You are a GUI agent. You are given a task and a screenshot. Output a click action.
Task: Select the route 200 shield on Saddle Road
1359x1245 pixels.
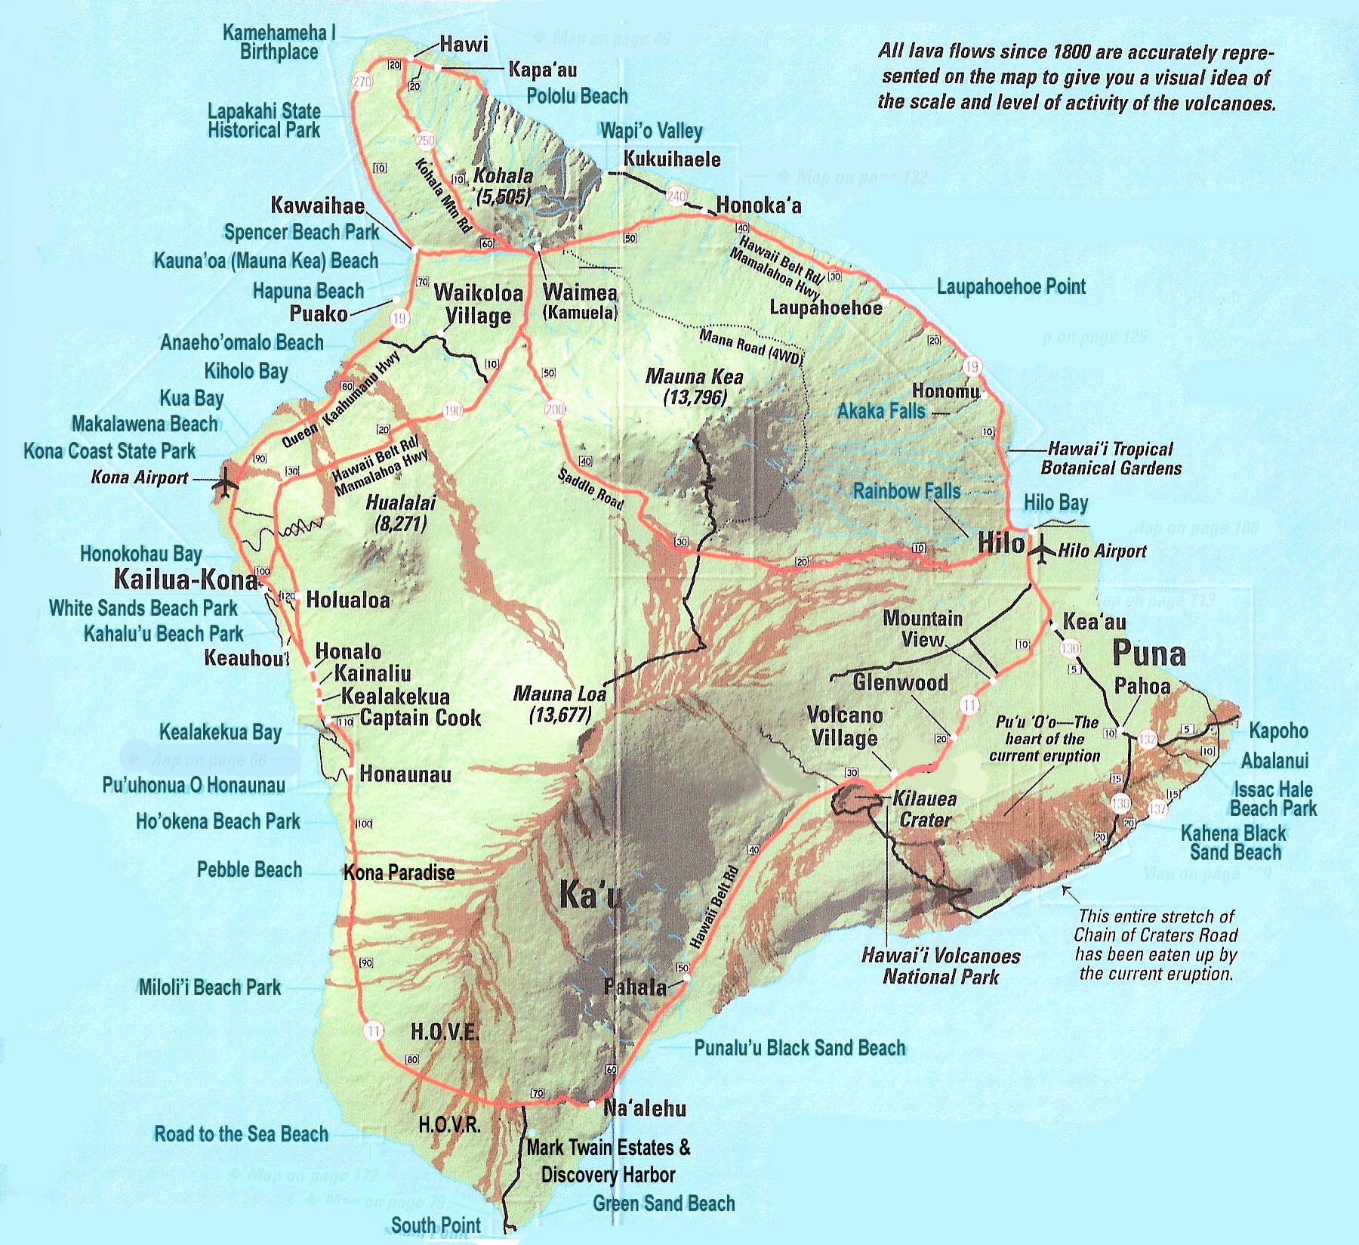tap(555, 409)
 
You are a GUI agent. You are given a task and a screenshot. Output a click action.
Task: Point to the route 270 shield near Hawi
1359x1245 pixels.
tap(362, 82)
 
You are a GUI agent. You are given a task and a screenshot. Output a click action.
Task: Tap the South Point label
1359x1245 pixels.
tap(436, 1225)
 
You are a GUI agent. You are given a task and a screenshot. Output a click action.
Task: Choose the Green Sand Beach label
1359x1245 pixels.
tap(664, 1203)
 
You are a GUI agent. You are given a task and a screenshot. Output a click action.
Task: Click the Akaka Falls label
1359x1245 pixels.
tap(881, 411)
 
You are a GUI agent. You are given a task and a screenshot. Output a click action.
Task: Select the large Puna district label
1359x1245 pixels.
tap(1149, 653)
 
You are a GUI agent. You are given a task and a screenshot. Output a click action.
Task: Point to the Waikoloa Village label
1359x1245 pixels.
tap(478, 304)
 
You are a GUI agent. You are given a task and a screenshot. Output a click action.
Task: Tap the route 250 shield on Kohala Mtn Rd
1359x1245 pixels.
tap(425, 141)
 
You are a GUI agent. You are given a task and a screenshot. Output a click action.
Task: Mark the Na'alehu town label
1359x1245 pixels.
tap(645, 1108)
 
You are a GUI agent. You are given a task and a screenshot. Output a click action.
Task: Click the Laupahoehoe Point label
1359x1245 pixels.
tap(1011, 287)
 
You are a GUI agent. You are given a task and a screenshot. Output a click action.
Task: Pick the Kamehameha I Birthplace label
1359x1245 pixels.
tap(279, 42)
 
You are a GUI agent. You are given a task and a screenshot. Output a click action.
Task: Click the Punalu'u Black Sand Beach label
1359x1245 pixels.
tap(800, 1048)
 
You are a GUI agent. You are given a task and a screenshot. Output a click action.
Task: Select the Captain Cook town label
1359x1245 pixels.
tap(421, 718)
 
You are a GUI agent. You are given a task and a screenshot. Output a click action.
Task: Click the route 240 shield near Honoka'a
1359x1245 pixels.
tap(676, 196)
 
